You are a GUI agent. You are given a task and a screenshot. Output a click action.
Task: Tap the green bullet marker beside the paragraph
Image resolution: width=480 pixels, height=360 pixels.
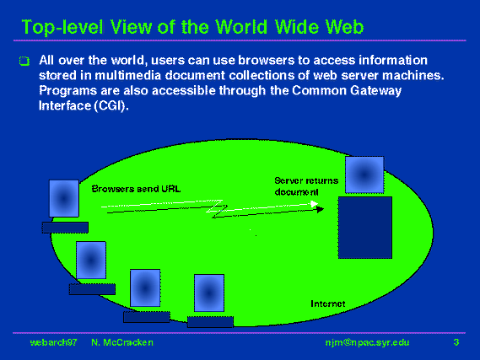[x=24, y=61]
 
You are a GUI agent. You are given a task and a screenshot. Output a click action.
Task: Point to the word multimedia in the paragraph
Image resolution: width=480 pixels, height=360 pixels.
[x=128, y=75]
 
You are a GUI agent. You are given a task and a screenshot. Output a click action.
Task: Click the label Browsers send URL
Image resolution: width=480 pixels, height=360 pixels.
[x=136, y=189]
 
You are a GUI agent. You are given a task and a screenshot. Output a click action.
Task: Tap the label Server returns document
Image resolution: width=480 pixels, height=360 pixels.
[x=306, y=186]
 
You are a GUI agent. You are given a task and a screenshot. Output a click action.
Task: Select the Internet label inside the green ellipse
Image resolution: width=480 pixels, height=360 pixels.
[x=328, y=304]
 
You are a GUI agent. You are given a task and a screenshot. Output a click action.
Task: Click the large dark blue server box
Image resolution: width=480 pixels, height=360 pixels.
[x=365, y=228]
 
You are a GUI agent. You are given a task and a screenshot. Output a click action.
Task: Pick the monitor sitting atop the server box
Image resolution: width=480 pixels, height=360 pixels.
[x=364, y=175]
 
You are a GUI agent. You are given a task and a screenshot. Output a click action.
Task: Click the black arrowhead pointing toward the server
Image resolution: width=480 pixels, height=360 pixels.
[x=321, y=210]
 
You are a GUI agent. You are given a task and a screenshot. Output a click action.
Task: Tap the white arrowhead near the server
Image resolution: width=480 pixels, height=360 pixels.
[x=315, y=204]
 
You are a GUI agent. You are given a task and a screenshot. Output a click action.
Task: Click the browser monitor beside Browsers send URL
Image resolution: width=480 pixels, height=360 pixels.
[x=64, y=198]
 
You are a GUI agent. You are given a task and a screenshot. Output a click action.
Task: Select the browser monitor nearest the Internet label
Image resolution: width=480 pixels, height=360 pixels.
[x=209, y=293]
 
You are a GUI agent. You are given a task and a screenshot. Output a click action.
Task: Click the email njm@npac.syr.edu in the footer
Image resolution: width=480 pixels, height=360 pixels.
[x=367, y=342]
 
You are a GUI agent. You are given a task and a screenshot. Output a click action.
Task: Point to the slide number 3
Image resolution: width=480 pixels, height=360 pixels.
[x=456, y=342]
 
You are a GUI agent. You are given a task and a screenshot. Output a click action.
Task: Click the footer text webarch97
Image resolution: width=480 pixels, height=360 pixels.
[x=54, y=342]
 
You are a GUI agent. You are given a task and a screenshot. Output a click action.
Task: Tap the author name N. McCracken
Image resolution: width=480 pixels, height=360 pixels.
[x=122, y=342]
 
